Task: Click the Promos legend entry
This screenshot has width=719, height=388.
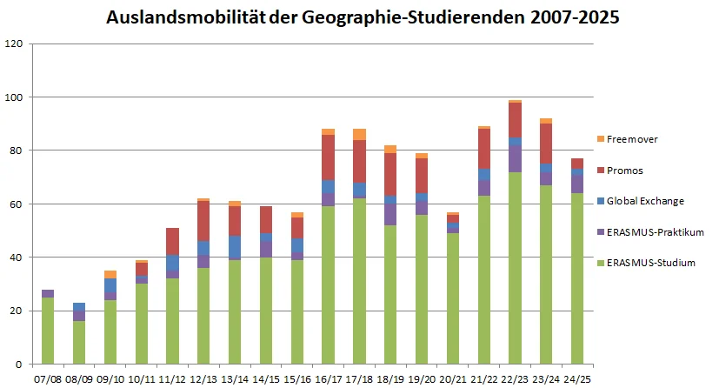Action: click(626, 170)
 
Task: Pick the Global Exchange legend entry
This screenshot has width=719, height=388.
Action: click(644, 201)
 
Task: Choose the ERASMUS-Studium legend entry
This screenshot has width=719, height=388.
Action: click(649, 263)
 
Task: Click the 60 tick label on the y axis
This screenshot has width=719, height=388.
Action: click(18, 204)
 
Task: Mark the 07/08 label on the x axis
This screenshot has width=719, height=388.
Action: click(47, 380)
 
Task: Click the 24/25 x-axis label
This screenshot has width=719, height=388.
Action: click(578, 380)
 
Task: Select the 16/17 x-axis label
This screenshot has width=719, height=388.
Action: click(328, 380)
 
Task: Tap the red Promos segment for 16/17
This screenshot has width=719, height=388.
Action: click(328, 157)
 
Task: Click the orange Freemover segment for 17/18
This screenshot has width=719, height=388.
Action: click(359, 134)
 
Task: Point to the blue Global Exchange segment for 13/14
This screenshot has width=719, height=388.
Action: click(234, 247)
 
